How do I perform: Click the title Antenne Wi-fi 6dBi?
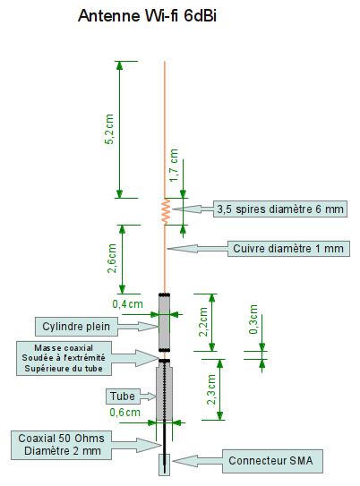147,15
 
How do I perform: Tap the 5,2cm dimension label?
109,129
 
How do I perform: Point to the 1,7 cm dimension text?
174,166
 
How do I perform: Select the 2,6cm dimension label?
112,259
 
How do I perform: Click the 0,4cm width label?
127,304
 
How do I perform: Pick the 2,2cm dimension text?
203,321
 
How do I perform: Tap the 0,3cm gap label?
253,320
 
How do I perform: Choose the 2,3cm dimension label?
211,389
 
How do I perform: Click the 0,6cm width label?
125,413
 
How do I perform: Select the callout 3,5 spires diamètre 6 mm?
280,209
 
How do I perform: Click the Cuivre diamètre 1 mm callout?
288,249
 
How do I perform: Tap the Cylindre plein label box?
76,327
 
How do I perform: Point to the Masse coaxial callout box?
64,358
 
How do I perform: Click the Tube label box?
123,396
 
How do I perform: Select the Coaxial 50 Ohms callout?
62,445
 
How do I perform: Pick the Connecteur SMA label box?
272,461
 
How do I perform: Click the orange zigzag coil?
166,211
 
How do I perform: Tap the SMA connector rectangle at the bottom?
165,465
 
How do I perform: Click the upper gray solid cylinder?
165,322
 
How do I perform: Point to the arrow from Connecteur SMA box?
198,461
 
